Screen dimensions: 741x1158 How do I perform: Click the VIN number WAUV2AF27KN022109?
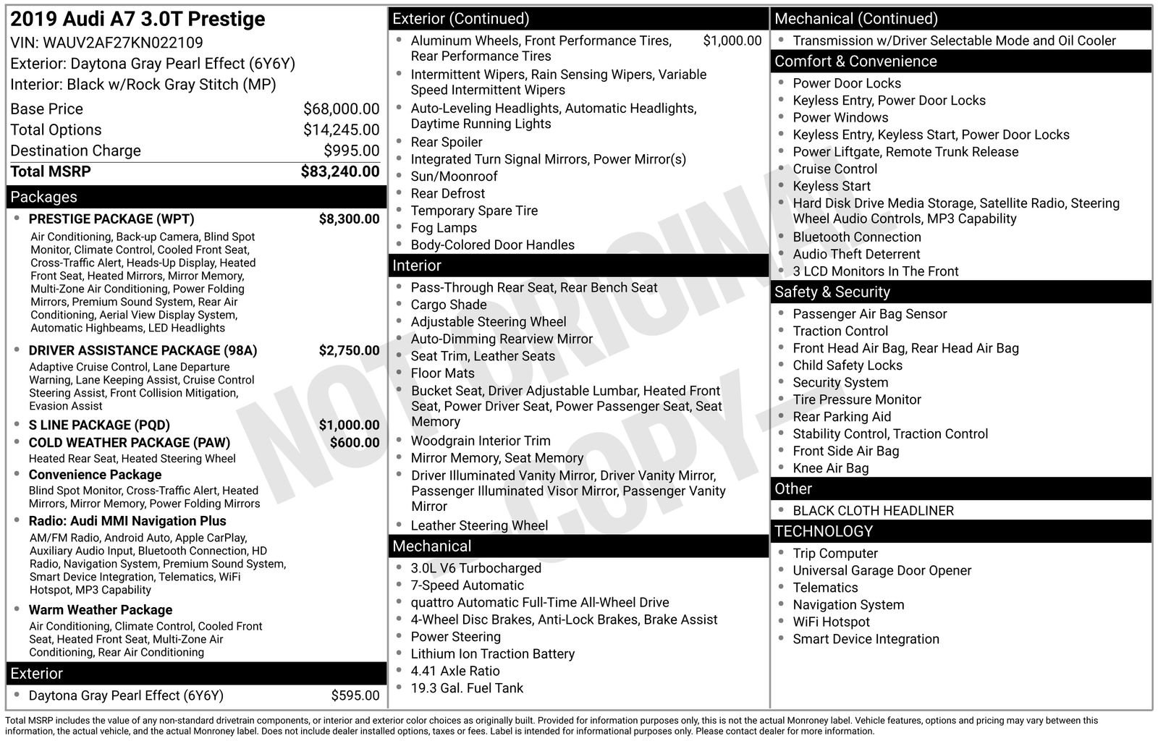point(123,43)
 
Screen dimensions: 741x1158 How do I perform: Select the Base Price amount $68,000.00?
point(341,109)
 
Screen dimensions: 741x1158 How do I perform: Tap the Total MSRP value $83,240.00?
point(339,172)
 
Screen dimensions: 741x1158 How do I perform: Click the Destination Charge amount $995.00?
point(351,151)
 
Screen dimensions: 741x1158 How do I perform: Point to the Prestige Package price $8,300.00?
point(349,219)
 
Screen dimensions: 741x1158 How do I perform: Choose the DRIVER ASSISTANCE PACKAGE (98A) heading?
point(143,351)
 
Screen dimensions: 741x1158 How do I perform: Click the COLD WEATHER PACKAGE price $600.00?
point(354,443)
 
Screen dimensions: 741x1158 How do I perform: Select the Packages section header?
point(43,197)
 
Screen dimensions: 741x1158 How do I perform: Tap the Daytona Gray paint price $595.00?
point(355,695)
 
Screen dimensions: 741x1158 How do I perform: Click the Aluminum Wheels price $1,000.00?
point(732,41)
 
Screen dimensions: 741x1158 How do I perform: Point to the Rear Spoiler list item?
point(446,143)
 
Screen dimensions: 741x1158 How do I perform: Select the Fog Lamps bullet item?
point(444,228)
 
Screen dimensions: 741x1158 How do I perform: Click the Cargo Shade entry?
point(448,305)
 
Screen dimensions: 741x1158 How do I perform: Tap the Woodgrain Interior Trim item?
point(481,441)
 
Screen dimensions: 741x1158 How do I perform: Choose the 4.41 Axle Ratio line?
point(455,671)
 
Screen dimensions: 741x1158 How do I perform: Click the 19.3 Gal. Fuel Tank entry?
point(467,688)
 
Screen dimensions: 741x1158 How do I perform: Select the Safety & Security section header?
point(832,292)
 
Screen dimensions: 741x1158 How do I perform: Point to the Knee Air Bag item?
point(830,468)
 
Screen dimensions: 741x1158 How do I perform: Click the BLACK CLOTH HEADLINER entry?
point(873,511)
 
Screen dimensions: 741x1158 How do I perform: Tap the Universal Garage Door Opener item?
point(882,570)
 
